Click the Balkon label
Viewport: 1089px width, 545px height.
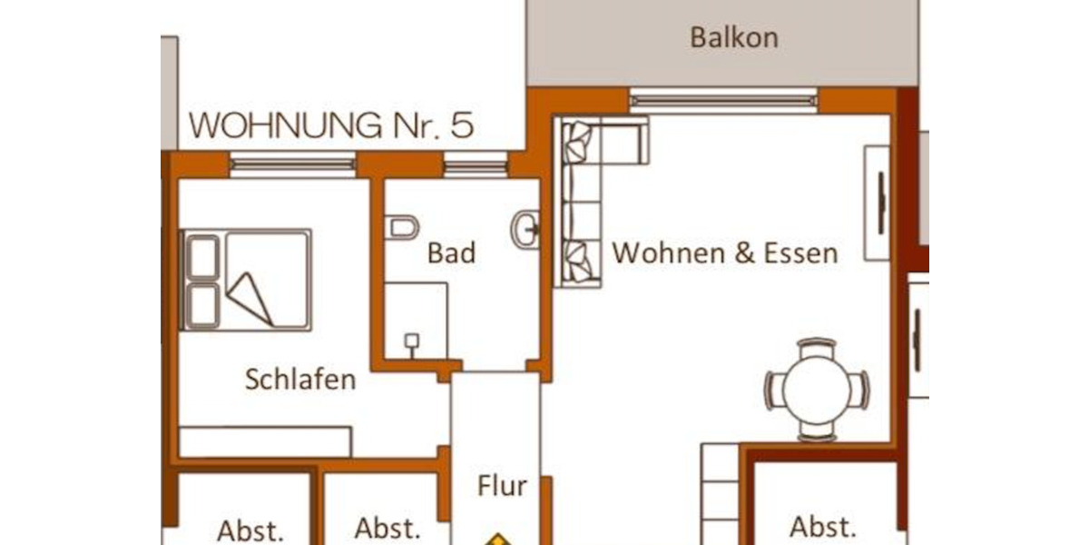(x=733, y=38)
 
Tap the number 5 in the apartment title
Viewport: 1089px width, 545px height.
(x=461, y=124)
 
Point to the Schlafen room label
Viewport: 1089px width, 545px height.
(x=299, y=380)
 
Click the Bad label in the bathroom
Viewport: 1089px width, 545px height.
(x=451, y=253)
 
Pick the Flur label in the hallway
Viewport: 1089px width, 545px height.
(x=502, y=486)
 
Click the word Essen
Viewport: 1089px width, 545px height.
(x=800, y=253)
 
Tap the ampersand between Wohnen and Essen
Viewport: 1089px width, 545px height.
(x=744, y=253)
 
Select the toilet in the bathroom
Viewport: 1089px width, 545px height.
(x=401, y=227)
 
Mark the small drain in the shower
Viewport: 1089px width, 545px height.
(x=411, y=342)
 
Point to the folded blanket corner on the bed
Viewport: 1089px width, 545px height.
(x=251, y=298)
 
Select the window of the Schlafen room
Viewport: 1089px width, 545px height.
(x=292, y=164)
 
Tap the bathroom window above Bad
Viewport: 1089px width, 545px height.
(x=476, y=165)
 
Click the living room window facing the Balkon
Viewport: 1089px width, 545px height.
(x=723, y=100)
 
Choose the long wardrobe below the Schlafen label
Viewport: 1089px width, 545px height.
(x=265, y=441)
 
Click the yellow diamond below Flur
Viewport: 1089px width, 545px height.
(x=496, y=540)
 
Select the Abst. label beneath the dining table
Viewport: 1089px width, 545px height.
(x=822, y=527)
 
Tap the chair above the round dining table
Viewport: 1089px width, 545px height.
(x=817, y=345)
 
